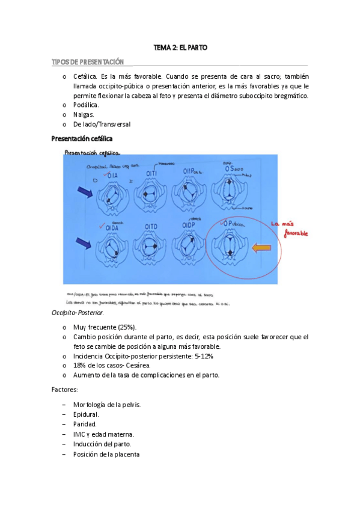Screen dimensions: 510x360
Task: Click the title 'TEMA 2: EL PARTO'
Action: (180, 47)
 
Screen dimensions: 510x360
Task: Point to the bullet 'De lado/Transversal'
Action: (102, 124)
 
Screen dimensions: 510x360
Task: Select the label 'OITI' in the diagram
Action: (153, 173)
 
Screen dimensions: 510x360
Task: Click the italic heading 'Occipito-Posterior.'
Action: (78, 313)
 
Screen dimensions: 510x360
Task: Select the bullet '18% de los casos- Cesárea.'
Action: (112, 366)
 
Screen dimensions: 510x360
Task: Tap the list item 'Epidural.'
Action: (86, 414)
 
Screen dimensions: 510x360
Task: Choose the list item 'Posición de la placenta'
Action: (106, 454)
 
